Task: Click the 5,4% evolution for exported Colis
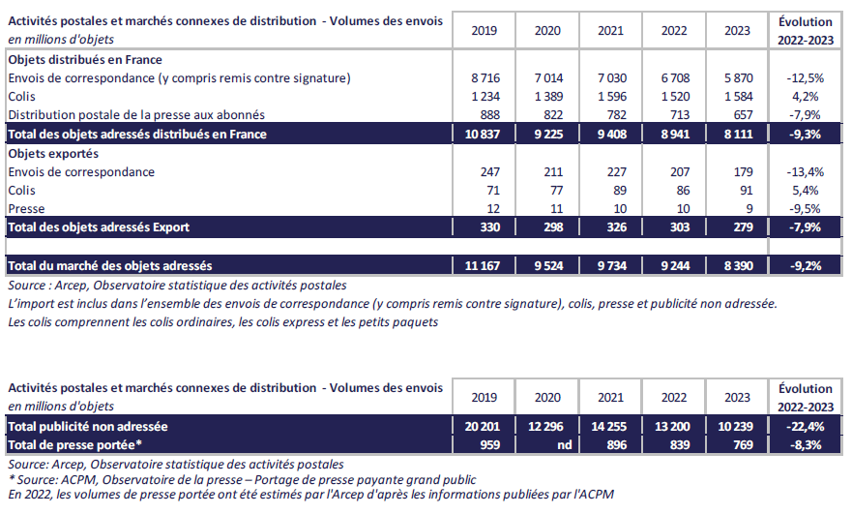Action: [806, 191]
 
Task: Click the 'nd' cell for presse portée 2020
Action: [547, 444]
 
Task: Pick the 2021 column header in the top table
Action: [610, 30]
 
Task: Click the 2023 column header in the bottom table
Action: [737, 397]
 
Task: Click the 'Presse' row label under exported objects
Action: [26, 209]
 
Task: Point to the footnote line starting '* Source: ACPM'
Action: [242, 479]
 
